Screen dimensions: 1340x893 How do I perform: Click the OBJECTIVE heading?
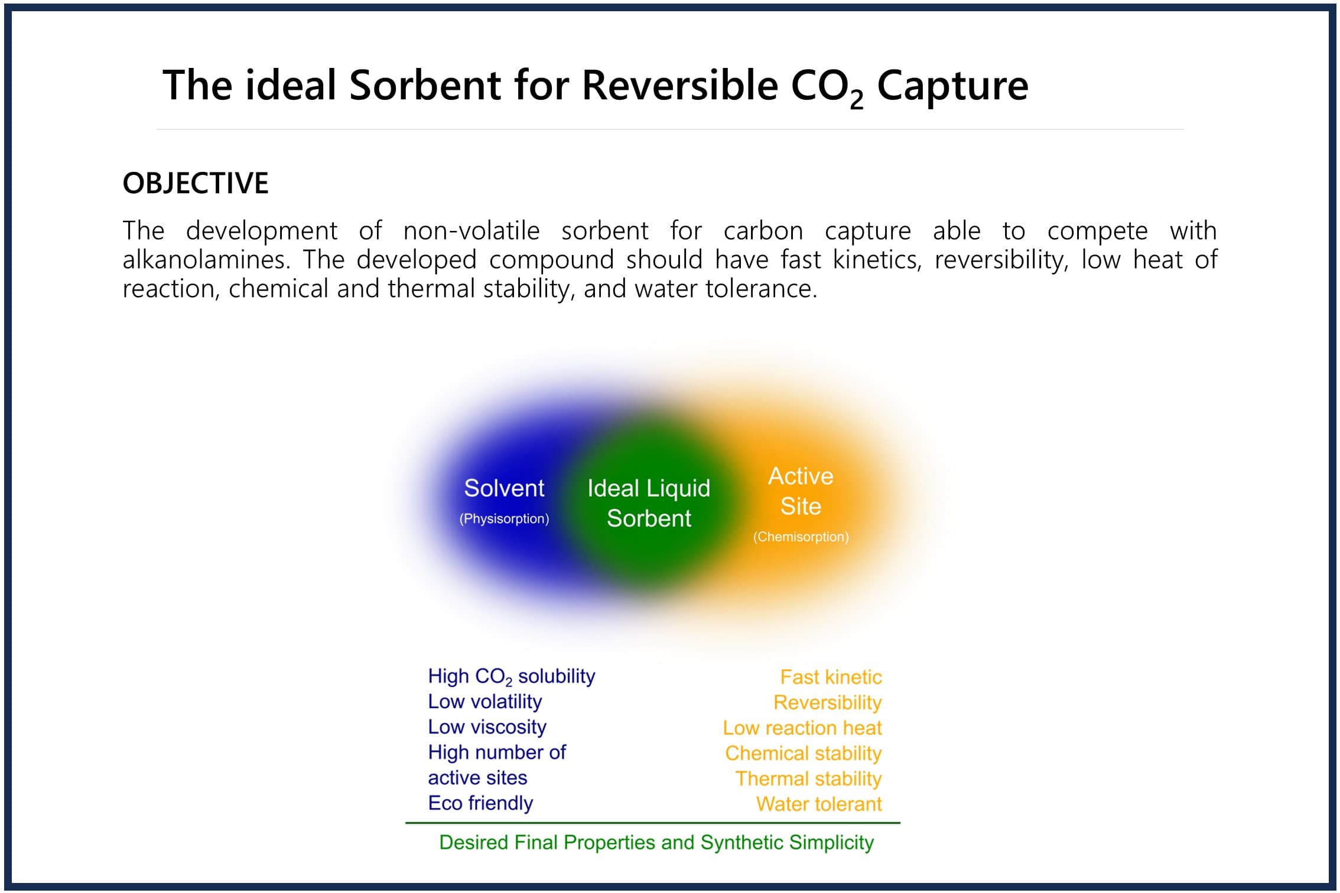point(196,183)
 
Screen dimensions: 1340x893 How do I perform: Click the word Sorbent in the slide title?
point(425,85)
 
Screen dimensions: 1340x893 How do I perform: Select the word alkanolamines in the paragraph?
point(206,260)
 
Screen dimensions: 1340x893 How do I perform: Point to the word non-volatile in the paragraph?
point(471,231)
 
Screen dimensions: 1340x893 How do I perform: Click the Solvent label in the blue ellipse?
point(504,488)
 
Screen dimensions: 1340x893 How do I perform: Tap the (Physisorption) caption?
point(504,519)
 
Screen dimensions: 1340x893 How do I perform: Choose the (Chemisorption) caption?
point(801,537)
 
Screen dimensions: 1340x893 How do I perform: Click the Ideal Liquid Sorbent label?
point(649,503)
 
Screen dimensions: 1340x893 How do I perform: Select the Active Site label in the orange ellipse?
point(801,491)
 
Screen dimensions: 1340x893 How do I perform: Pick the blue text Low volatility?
point(485,702)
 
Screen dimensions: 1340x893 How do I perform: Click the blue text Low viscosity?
point(487,727)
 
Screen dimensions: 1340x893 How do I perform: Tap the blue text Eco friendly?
point(480,803)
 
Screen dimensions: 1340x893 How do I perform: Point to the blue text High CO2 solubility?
point(512,676)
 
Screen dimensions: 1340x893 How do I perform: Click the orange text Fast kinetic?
point(831,677)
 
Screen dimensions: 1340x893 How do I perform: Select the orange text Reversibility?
point(827,703)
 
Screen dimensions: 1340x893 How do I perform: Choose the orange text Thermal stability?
point(808,779)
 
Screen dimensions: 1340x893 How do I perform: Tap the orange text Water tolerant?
point(819,804)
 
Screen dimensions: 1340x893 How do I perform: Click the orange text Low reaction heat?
point(802,728)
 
